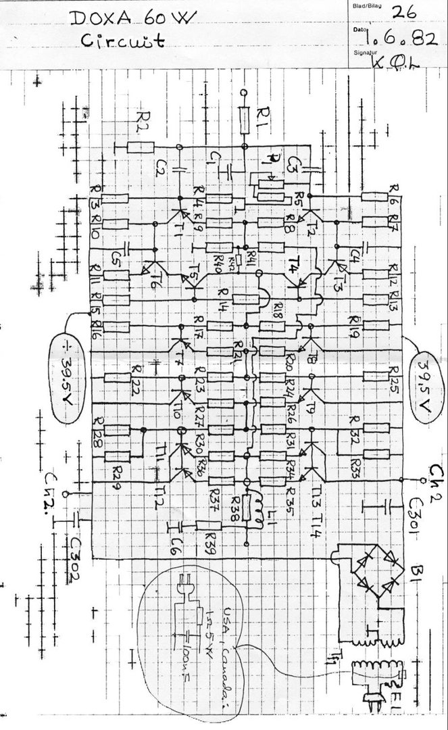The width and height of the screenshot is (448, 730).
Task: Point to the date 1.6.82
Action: pos(404,40)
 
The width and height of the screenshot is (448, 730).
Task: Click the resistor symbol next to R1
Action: pos(245,119)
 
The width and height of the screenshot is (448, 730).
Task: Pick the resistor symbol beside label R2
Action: pos(141,147)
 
